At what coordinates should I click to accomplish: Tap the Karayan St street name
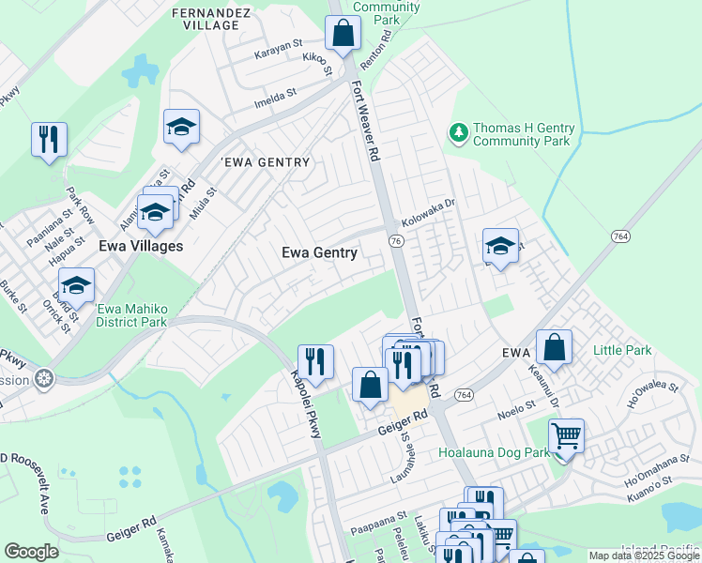279,44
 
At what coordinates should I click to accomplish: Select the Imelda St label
275,94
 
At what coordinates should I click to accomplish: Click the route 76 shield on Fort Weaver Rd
396,241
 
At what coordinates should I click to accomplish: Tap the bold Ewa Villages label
141,246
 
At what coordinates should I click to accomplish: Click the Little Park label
621,350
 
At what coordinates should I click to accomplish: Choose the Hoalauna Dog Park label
495,452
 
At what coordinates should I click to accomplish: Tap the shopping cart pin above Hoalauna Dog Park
566,436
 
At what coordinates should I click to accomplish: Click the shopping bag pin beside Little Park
555,346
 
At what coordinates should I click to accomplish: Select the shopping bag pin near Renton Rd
343,34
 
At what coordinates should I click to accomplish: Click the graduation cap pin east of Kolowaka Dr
500,247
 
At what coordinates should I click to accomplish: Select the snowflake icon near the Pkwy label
42,380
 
